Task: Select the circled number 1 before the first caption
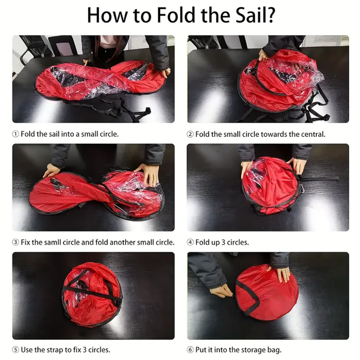[16, 134]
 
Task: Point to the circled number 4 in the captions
[190, 242]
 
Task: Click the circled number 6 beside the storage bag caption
[190, 350]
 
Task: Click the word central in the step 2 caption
[311, 134]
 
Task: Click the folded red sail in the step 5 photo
[92, 291]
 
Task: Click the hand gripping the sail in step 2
[264, 54]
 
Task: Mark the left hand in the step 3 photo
[52, 170]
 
